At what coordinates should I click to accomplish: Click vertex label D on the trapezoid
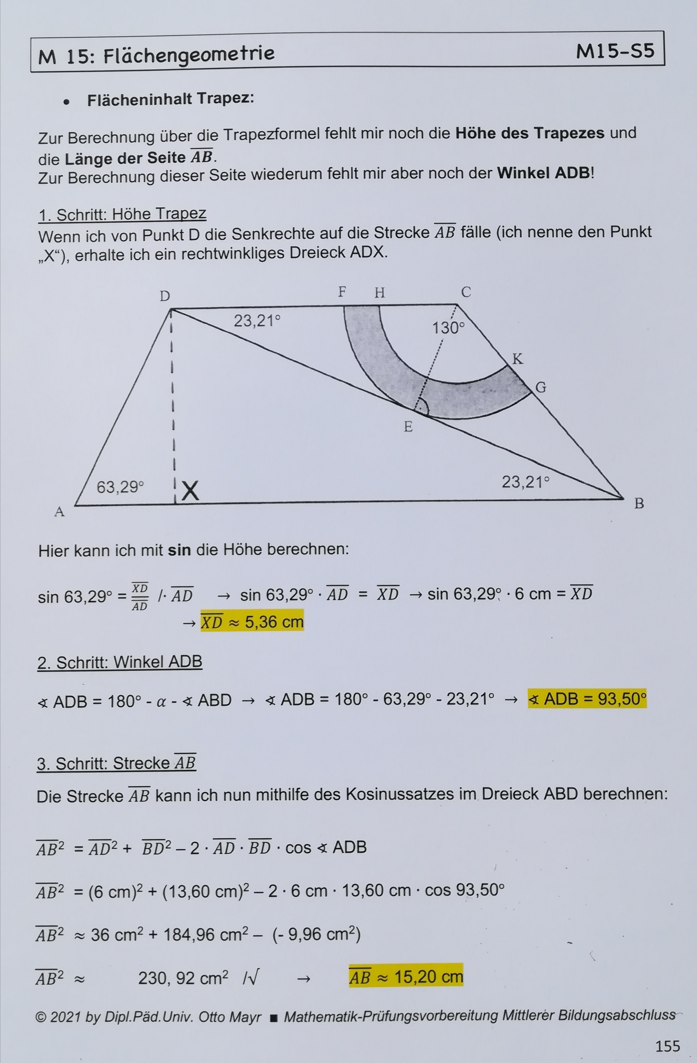pos(165,296)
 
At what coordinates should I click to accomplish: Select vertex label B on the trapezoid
pos(639,503)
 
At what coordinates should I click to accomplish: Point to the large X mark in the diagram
pos(190,491)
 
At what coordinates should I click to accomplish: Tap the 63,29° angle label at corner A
pos(120,487)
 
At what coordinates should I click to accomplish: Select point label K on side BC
pos(517,359)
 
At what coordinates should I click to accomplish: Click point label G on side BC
pos(541,387)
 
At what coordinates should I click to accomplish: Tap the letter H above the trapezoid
pos(379,293)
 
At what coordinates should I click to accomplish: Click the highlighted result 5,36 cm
pos(252,621)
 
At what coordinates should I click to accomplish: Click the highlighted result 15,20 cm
pos(406,977)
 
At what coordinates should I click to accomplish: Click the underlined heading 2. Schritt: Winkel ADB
pos(120,662)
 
